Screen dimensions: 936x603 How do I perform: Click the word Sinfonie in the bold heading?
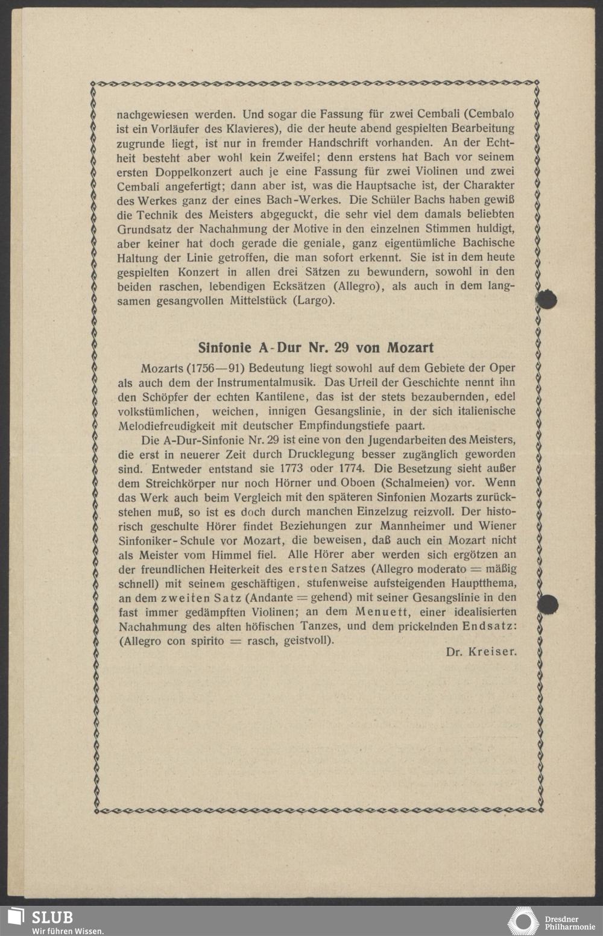[x=224, y=348]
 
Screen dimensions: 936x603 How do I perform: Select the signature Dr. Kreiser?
[x=481, y=652]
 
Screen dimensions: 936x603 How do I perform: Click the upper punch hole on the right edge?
[x=546, y=299]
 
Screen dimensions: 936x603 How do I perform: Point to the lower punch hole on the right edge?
[x=548, y=604]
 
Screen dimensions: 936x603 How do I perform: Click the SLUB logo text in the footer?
[x=52, y=917]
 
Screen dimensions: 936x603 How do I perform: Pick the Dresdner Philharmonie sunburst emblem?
[x=523, y=921]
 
